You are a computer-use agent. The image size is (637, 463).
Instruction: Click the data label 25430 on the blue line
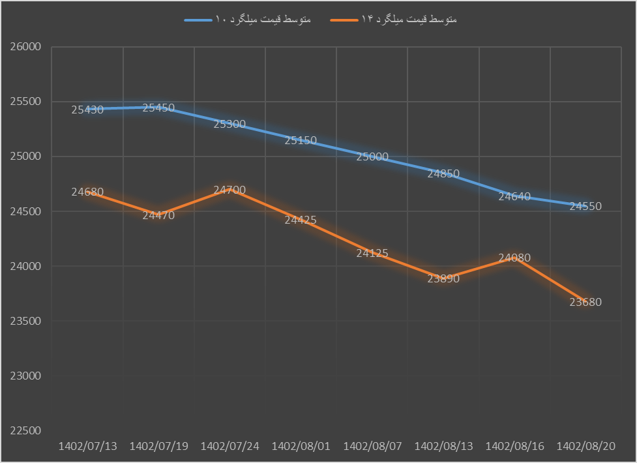[x=87, y=110]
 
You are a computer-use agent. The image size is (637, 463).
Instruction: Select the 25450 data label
[x=158, y=108]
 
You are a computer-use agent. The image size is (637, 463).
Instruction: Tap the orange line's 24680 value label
[x=87, y=192]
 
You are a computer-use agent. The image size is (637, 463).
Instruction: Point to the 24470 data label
[x=158, y=215]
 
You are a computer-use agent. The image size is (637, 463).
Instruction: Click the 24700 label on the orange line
[x=230, y=190]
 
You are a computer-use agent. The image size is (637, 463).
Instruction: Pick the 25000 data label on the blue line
[x=372, y=157]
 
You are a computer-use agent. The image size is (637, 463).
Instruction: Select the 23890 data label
[x=443, y=278]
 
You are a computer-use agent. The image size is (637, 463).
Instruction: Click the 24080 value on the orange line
[x=514, y=258]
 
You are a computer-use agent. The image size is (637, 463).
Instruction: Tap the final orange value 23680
[x=585, y=302]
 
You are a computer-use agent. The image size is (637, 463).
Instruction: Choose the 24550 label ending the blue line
[x=585, y=206]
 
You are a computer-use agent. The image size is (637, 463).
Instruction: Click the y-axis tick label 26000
[x=26, y=47]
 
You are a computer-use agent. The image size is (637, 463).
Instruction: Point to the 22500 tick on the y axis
[x=26, y=430]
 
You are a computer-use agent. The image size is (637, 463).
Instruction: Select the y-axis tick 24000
[x=26, y=266]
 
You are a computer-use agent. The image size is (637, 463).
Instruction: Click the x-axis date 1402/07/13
[x=88, y=447]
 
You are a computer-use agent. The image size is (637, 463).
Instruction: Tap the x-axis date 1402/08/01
[x=301, y=447]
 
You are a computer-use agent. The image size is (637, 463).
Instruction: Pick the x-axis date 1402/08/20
[x=586, y=447]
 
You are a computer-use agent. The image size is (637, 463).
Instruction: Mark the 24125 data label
[x=372, y=253]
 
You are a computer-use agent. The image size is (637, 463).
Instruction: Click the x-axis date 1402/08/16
[x=515, y=447]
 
